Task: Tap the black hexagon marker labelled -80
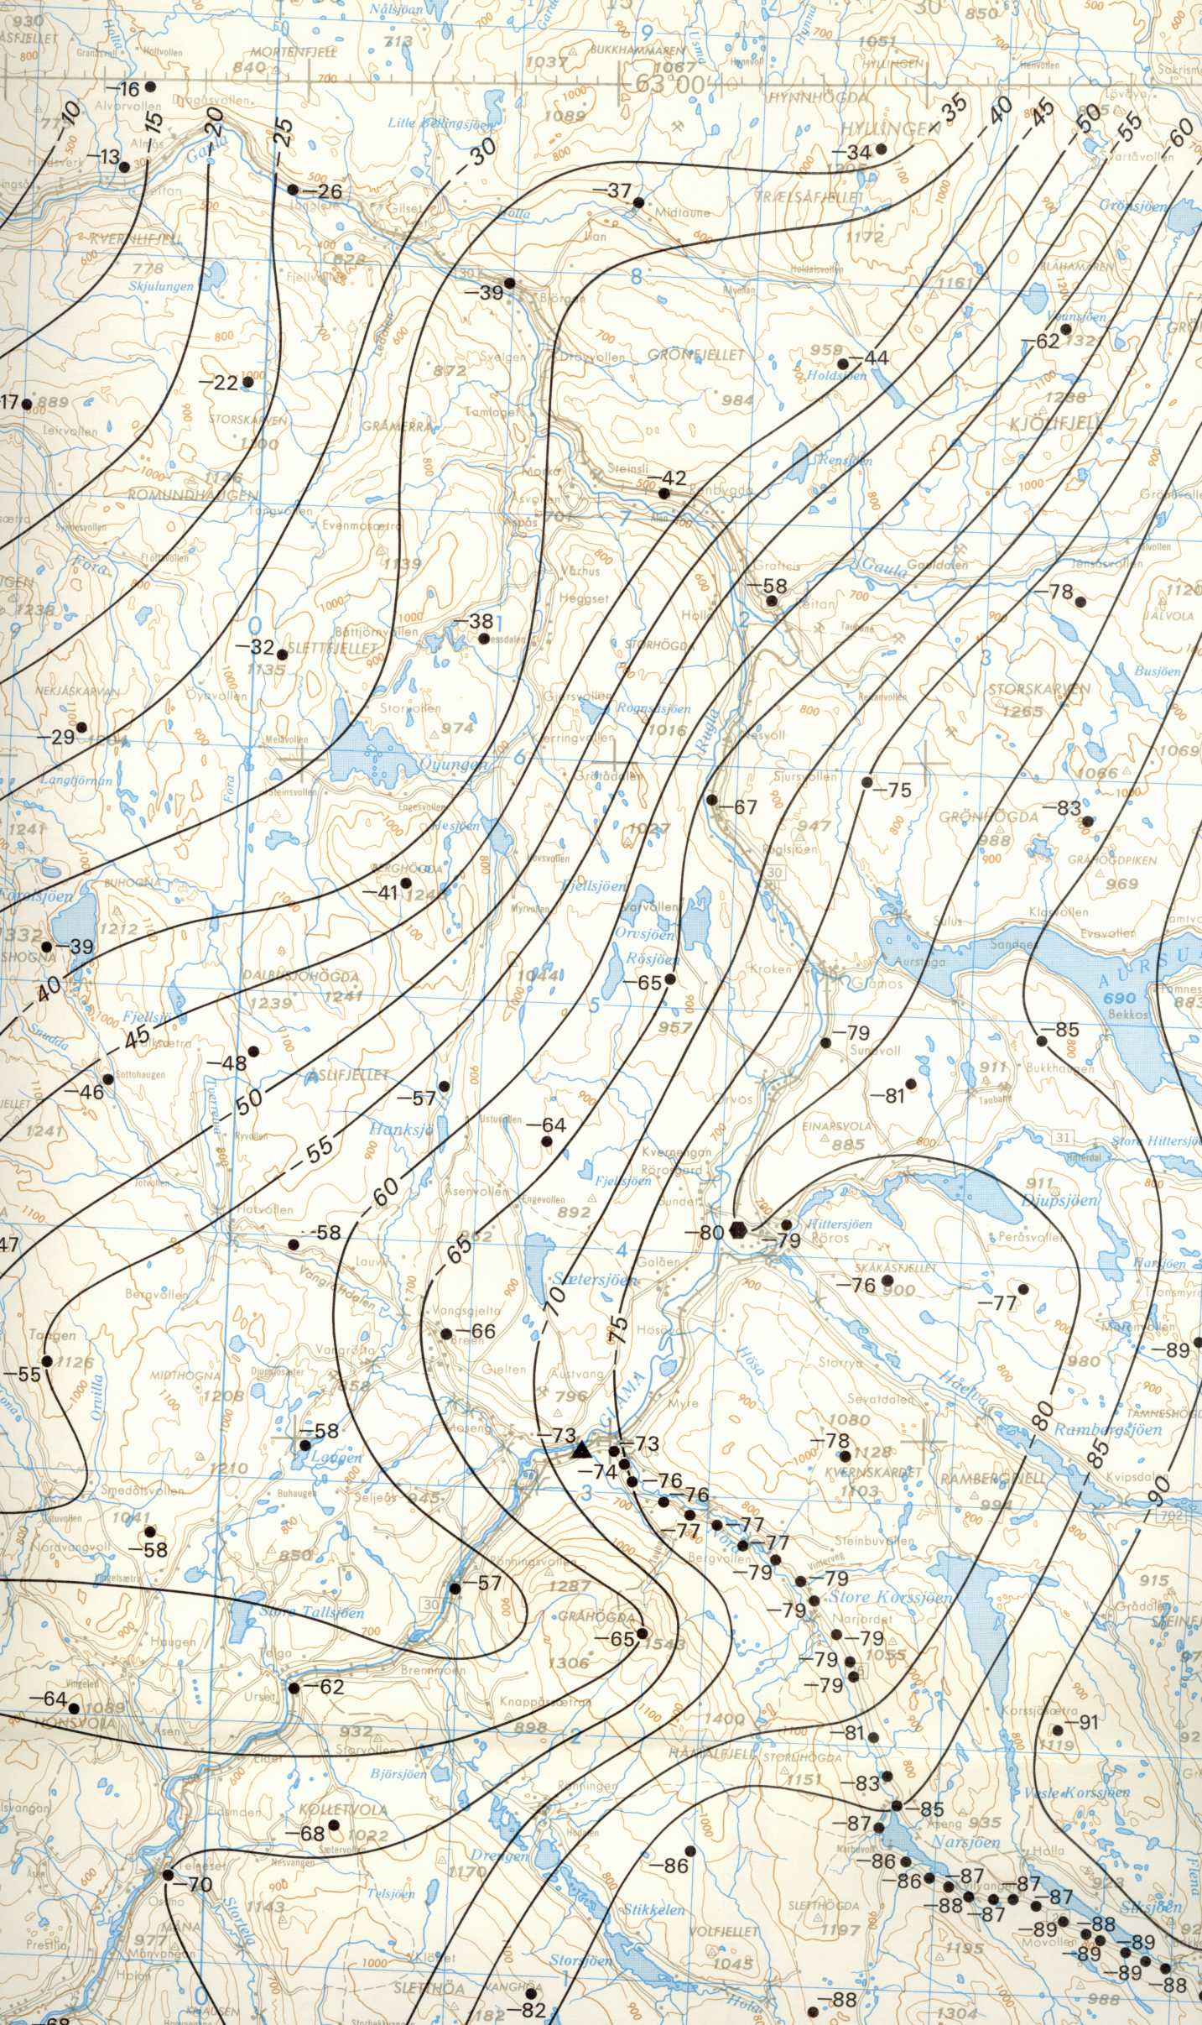tap(738, 1230)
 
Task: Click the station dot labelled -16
tap(150, 86)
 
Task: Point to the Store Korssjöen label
tap(890, 1597)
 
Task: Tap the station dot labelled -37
tap(638, 202)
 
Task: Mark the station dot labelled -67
tap(712, 800)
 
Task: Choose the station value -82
tap(533, 2009)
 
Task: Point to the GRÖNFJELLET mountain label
tap(696, 356)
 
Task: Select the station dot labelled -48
tap(253, 1051)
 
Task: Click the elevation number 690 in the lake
tap(1120, 998)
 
